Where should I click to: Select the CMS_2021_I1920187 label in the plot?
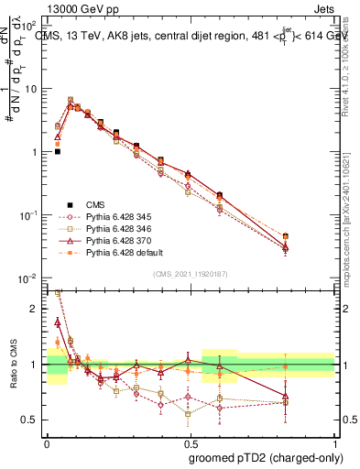pyautogui.click(x=190, y=274)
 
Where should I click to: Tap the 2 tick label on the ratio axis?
pyautogui.click(x=36, y=309)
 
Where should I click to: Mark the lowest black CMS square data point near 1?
pyautogui.click(x=58, y=151)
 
